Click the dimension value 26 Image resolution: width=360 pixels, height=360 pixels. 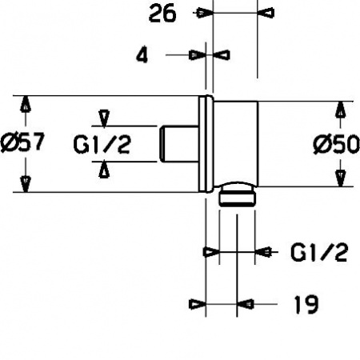pos(162,14)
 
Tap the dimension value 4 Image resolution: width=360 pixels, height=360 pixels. pos(142,56)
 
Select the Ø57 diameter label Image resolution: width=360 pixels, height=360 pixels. pos(22,142)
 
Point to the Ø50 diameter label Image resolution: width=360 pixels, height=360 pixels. pos(337,144)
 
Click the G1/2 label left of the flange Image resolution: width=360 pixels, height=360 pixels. pos(102,144)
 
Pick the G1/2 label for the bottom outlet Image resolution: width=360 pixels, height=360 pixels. pos(319,252)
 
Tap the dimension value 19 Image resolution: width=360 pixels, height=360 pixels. pos(306,304)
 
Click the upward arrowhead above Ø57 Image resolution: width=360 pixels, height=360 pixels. pos(26,104)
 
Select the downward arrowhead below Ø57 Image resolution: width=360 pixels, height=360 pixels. pos(26,184)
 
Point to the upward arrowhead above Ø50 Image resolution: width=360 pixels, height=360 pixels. pos(340,110)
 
